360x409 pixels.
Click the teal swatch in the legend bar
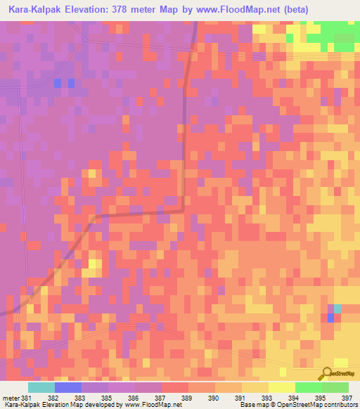pos(41,387)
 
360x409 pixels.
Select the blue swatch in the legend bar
pos(68,387)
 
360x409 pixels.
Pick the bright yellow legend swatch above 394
pos(282,387)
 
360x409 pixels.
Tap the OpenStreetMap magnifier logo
pos(327,373)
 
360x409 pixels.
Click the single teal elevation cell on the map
pos(337,309)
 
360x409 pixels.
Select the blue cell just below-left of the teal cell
pos(330,318)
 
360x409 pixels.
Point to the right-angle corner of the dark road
pos(184,209)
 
